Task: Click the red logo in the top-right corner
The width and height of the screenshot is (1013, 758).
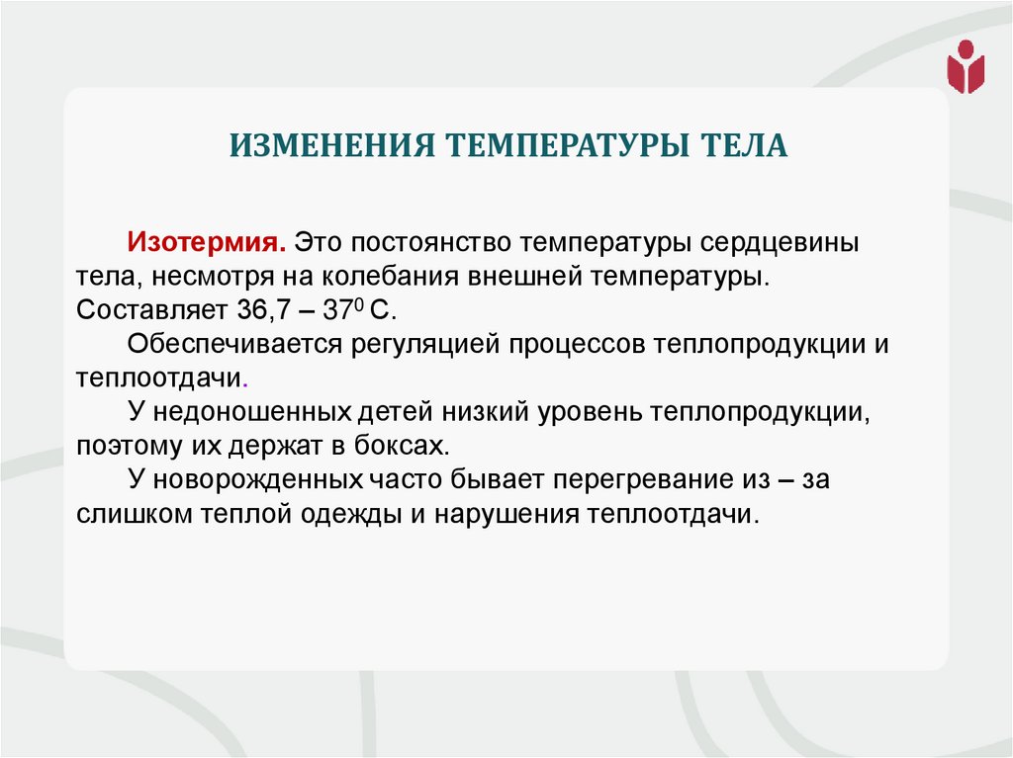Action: pos(966,66)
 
